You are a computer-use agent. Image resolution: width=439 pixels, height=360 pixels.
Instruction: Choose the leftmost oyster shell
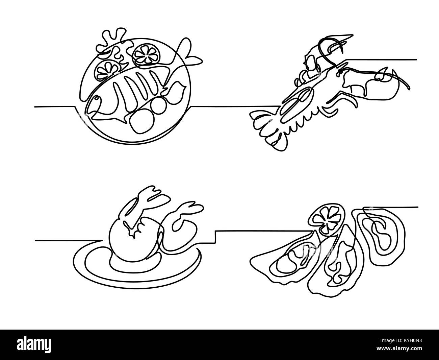tap(289, 264)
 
